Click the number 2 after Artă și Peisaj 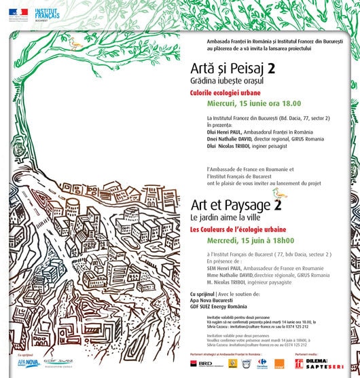click(x=272, y=69)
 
